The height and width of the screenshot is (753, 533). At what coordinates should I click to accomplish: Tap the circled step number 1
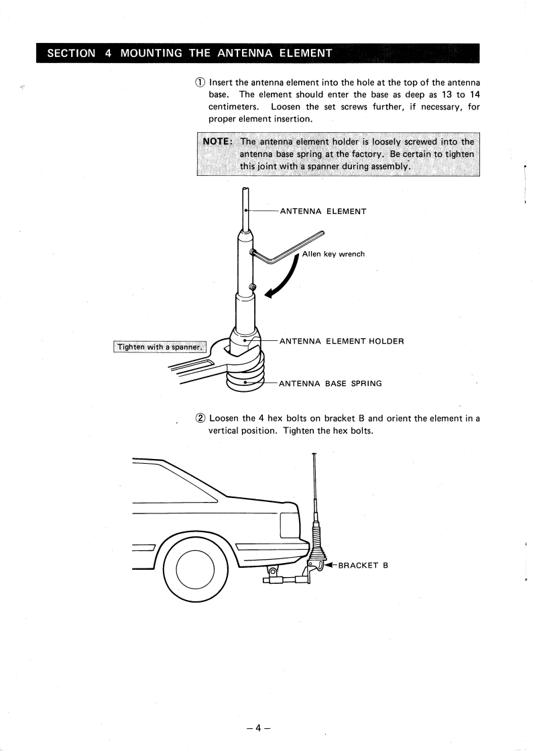click(x=200, y=83)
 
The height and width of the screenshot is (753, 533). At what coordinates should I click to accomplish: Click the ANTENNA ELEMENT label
click(x=322, y=211)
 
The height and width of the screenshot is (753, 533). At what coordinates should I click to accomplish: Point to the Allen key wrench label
click(x=333, y=254)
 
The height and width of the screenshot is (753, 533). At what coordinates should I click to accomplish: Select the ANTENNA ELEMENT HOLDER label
click(x=341, y=341)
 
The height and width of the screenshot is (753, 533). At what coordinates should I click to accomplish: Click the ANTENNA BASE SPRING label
click(x=331, y=384)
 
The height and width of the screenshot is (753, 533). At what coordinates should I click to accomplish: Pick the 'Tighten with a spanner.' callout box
click(x=159, y=347)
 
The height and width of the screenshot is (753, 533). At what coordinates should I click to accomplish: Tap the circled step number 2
click(x=200, y=418)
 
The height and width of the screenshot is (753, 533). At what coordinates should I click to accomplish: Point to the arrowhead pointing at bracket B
click(x=331, y=565)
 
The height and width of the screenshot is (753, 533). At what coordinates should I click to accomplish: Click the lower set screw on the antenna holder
click(x=251, y=288)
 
